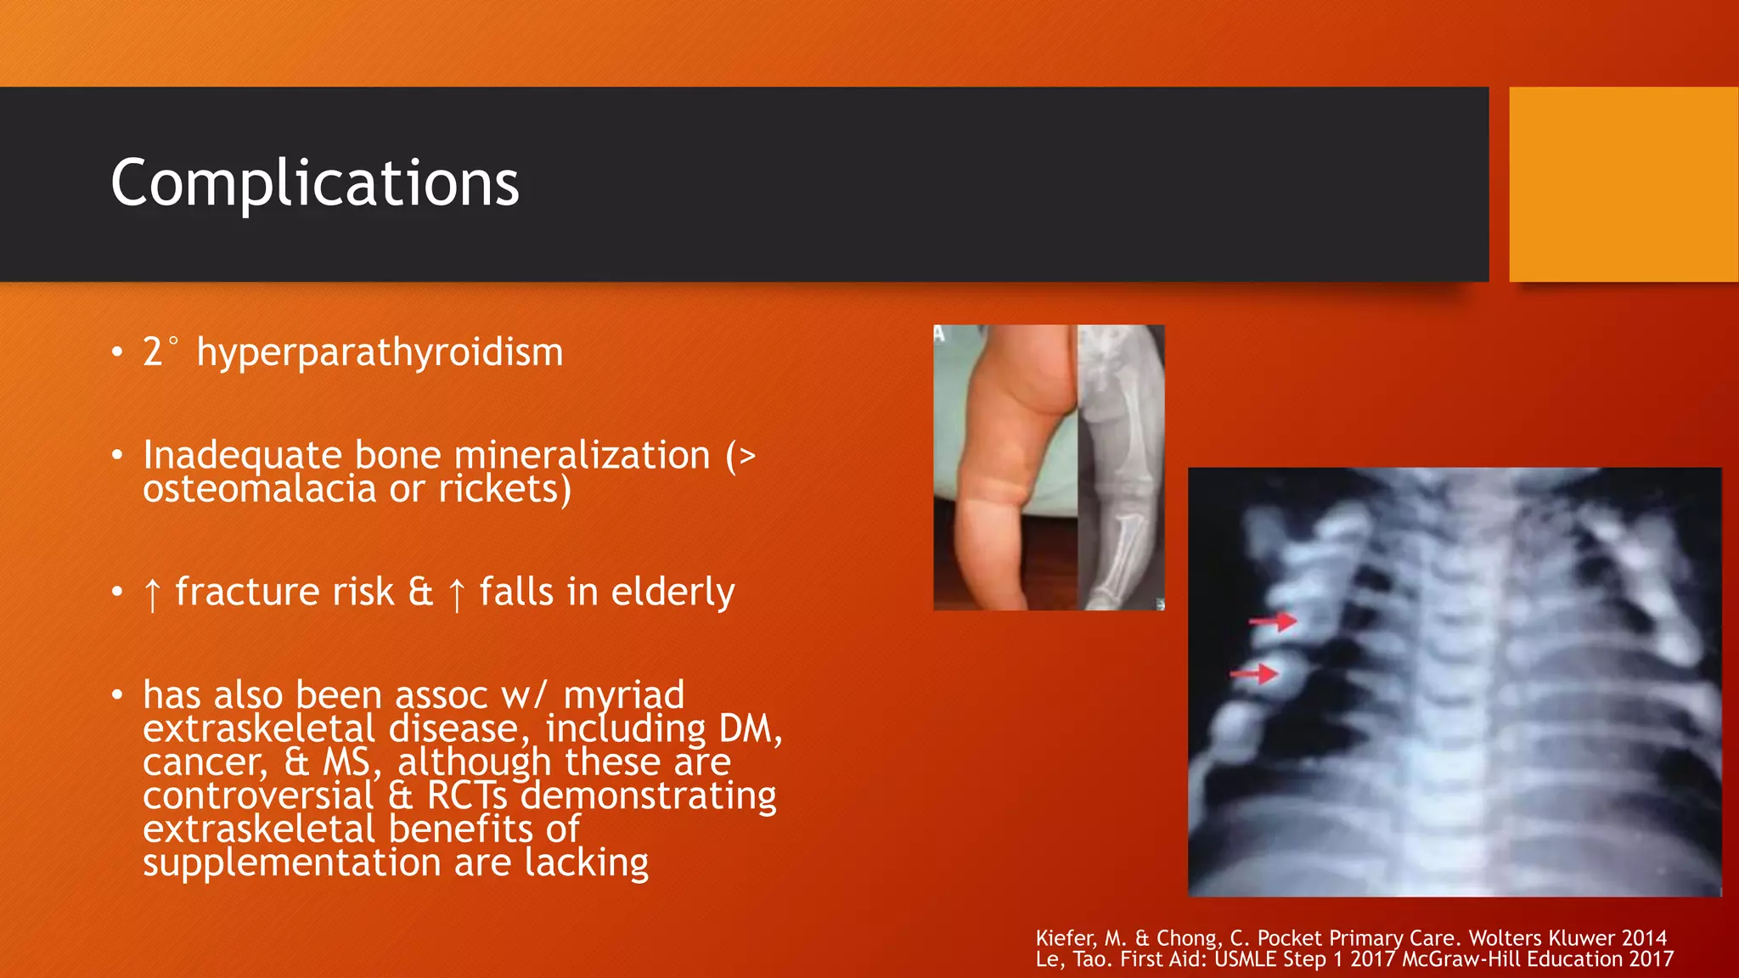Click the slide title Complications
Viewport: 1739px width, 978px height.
tap(314, 183)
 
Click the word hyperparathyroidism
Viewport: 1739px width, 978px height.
tap(380, 352)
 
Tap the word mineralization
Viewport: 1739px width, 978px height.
tap(582, 456)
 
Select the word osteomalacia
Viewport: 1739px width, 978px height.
tap(260, 489)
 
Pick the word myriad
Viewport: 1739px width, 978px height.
tap(623, 696)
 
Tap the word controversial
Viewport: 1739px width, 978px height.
tap(258, 795)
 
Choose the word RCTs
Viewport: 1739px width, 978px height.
tap(466, 795)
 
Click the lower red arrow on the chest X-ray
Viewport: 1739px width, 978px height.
tap(1255, 674)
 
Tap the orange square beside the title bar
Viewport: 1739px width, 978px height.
tap(1624, 183)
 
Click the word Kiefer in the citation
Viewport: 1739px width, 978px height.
tap(1066, 938)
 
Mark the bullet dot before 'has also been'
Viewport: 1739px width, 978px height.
tap(117, 696)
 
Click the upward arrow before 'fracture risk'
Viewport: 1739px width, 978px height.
tap(152, 593)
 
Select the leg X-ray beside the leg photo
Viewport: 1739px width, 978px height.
tap(1121, 467)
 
